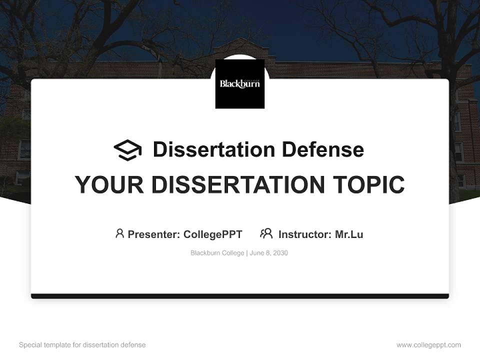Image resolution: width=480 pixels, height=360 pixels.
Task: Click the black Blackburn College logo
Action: pyautogui.click(x=240, y=83)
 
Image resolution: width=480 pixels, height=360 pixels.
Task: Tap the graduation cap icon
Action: pyautogui.click(x=127, y=150)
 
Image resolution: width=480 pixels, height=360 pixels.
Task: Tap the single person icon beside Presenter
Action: pyautogui.click(x=119, y=233)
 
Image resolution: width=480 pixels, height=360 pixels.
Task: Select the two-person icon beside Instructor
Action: pyautogui.click(x=266, y=233)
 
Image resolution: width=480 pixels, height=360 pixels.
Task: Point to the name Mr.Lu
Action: pyautogui.click(x=349, y=234)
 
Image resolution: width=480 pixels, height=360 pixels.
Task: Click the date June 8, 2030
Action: pyautogui.click(x=269, y=253)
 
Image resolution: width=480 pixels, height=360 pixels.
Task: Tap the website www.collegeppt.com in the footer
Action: pyautogui.click(x=428, y=345)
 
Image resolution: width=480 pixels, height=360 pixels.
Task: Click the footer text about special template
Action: pyautogui.click(x=82, y=345)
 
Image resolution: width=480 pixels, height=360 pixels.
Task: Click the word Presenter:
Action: pyautogui.click(x=154, y=234)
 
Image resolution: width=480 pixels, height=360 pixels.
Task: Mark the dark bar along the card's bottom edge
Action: pyautogui.click(x=240, y=296)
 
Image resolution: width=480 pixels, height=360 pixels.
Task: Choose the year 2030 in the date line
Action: pyautogui.click(x=280, y=253)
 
